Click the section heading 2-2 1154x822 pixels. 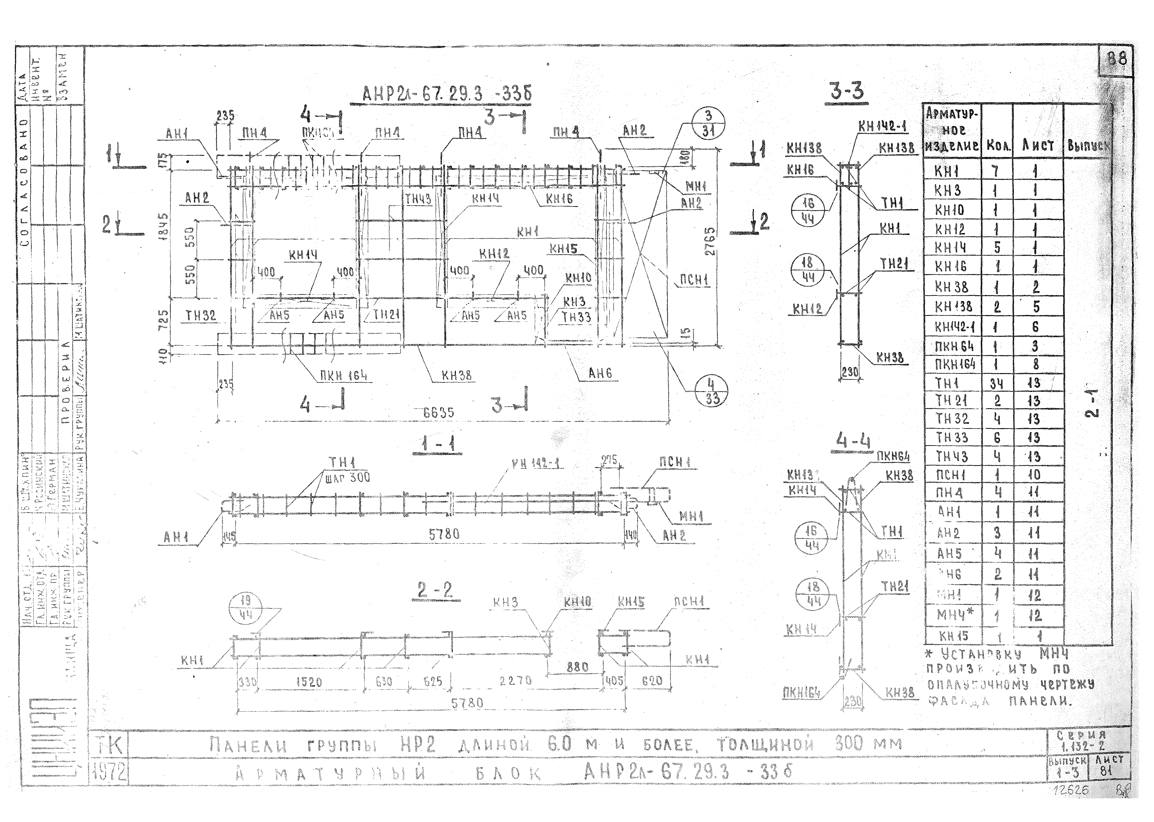tap(435, 590)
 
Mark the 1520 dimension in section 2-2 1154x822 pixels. tap(309, 682)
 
